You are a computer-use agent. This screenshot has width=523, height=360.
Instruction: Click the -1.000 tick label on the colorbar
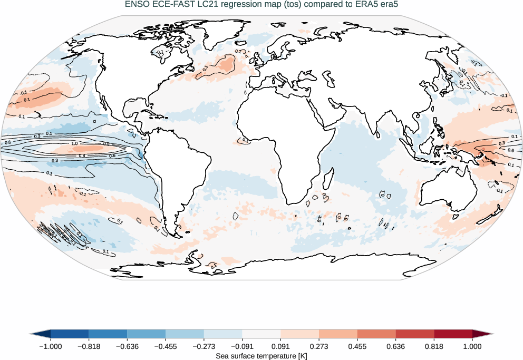[50, 346]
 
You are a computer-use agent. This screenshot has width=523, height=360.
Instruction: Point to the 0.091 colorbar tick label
[280, 346]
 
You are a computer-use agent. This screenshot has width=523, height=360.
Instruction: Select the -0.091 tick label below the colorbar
[241, 346]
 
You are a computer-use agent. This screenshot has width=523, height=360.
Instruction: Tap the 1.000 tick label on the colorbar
[472, 346]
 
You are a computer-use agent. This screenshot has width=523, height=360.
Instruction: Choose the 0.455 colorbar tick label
[357, 346]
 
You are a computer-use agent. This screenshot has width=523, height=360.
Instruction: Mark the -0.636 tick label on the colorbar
[127, 346]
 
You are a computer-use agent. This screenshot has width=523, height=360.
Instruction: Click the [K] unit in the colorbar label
[302, 356]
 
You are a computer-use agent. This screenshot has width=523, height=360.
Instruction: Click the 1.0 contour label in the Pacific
[74, 143]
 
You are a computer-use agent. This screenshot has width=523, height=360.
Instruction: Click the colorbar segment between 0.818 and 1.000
[453, 334]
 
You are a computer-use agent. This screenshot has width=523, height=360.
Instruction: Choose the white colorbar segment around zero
[261, 334]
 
